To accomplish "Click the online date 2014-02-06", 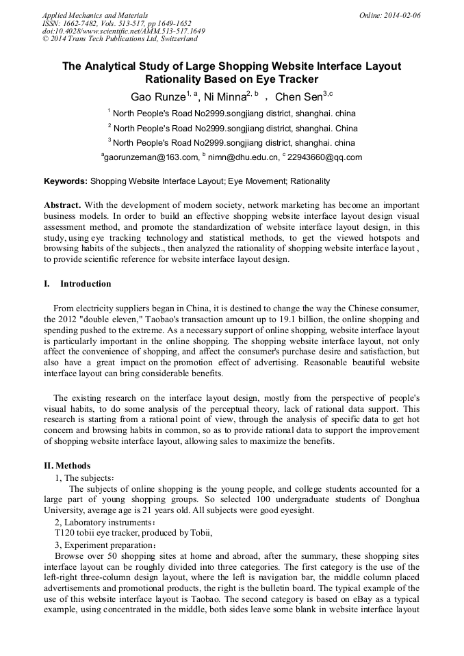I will tap(403, 15).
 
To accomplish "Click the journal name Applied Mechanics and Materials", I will tap(95, 15).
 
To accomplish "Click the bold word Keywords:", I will tap(66, 181).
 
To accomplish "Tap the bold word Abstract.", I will tap(63, 205).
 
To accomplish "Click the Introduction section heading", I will tap(86, 283).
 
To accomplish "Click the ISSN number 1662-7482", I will tap(81, 23).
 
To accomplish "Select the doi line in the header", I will tap(123, 31).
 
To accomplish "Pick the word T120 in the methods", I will tap(66, 533).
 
